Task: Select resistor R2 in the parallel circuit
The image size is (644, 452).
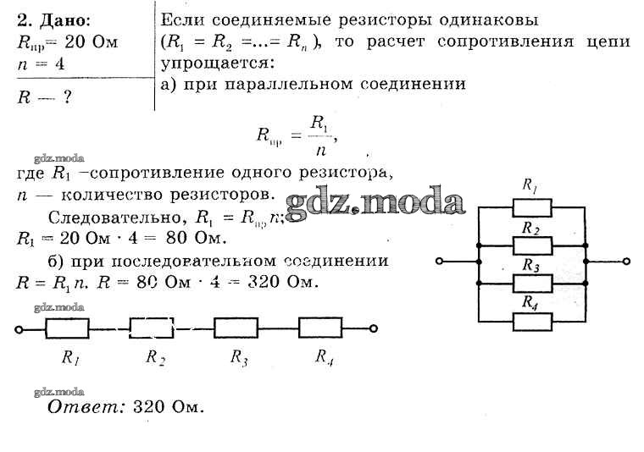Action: coord(532,244)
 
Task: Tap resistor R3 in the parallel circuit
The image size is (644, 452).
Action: coord(532,281)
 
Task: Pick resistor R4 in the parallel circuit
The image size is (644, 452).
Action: coord(532,318)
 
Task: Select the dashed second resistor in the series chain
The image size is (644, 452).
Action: coord(152,326)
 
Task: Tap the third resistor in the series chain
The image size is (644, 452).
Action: coord(236,326)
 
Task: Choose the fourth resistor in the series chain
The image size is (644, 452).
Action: coord(322,326)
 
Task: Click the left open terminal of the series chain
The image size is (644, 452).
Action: coord(18,327)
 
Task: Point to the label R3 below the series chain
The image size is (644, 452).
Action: coord(239,357)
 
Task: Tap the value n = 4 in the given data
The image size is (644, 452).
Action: coord(42,63)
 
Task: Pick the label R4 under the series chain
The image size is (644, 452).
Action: coord(324,356)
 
